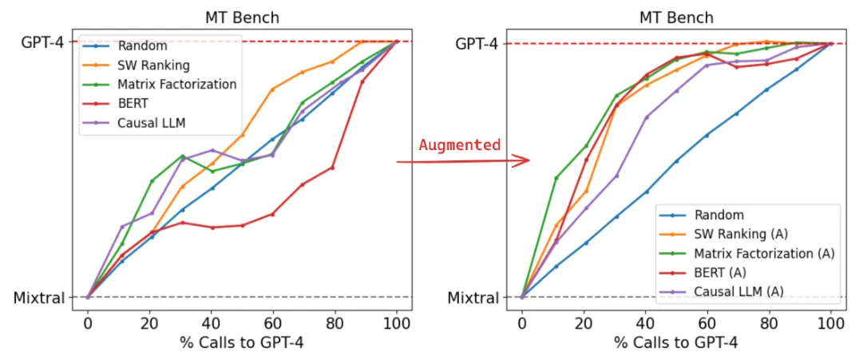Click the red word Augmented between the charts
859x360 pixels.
pos(459,145)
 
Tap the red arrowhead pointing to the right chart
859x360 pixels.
pos(522,161)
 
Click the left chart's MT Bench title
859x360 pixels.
pos(243,18)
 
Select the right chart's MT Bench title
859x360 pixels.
pos(676,18)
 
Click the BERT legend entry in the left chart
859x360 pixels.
pos(133,103)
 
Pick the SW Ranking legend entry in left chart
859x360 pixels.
pos(153,65)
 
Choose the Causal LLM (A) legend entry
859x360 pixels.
pos(739,291)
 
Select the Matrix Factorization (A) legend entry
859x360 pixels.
pos(764,253)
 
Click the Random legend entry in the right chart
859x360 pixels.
pos(718,215)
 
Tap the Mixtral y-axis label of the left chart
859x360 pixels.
pos(39,298)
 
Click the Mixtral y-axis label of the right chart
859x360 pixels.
pos(473,298)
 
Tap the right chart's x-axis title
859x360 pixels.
pos(676,343)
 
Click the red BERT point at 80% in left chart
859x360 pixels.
pos(332,168)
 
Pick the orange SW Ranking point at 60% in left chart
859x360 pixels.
pos(272,89)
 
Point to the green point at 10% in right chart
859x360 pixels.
pos(556,178)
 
